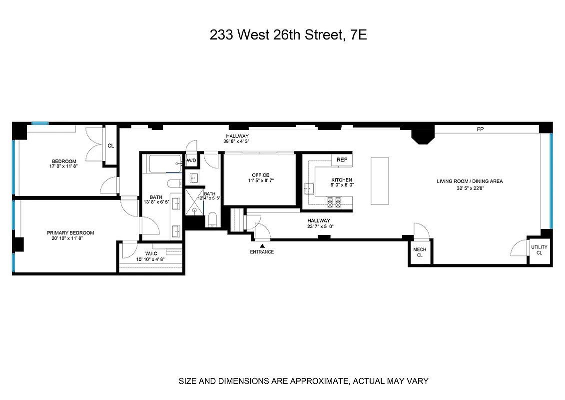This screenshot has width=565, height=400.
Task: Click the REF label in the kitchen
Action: [342, 160]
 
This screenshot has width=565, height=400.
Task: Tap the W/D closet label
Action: [191, 160]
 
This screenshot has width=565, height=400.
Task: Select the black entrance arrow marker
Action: [262, 245]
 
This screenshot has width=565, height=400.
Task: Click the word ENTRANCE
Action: [262, 252]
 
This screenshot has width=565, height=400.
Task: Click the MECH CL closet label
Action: [420, 252]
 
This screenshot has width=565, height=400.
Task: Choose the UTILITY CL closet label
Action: [539, 250]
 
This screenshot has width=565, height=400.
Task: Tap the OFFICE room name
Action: [260, 175]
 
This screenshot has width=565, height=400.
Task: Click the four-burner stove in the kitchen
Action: [334, 202]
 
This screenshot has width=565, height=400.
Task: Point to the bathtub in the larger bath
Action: [165, 161]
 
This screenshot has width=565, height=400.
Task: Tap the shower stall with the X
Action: [194, 201]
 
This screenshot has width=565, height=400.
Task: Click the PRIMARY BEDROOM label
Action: [70, 233]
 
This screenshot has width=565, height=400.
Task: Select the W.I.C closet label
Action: [145, 253]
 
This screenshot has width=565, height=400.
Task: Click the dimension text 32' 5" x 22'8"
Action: [470, 188]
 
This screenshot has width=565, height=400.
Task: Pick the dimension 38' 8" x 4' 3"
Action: [237, 141]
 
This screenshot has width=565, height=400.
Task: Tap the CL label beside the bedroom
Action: [110, 146]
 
